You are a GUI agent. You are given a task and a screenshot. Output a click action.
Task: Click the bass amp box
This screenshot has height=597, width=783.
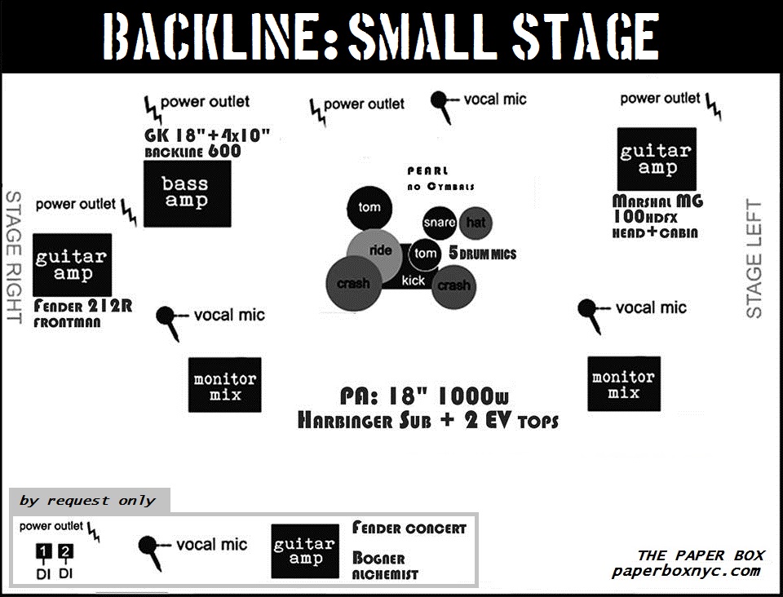[187, 193]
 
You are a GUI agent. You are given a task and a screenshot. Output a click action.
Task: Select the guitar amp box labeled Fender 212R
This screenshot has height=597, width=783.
[72, 264]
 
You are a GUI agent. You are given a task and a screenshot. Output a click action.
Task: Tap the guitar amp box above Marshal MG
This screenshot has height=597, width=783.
[657, 159]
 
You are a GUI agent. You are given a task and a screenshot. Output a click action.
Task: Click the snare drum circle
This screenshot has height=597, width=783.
[439, 223]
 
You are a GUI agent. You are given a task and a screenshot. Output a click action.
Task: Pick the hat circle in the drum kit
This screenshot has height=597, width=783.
[475, 222]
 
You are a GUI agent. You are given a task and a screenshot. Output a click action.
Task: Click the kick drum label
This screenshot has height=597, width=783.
[414, 280]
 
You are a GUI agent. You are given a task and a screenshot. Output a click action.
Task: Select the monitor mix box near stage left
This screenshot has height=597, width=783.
[624, 384]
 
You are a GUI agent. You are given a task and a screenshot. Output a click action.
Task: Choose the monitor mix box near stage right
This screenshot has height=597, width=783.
[225, 385]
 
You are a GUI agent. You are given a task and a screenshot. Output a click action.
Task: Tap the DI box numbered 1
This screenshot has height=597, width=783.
[42, 552]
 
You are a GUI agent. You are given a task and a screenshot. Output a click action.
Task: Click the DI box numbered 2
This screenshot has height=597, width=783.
[66, 552]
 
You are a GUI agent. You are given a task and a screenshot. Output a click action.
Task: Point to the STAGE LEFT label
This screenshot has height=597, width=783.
[754, 259]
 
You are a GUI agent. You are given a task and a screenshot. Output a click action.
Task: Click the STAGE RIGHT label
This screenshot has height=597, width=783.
[13, 258]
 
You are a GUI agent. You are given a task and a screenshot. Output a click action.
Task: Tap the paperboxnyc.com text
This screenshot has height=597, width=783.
[686, 571]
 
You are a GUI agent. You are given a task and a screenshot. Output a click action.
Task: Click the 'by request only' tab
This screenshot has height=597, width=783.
[87, 501]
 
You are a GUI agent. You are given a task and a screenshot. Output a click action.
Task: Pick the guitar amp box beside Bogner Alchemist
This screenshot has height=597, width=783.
[305, 551]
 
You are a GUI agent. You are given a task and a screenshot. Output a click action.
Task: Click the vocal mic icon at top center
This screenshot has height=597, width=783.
[441, 104]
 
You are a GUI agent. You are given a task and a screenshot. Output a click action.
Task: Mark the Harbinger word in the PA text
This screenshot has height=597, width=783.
[347, 421]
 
